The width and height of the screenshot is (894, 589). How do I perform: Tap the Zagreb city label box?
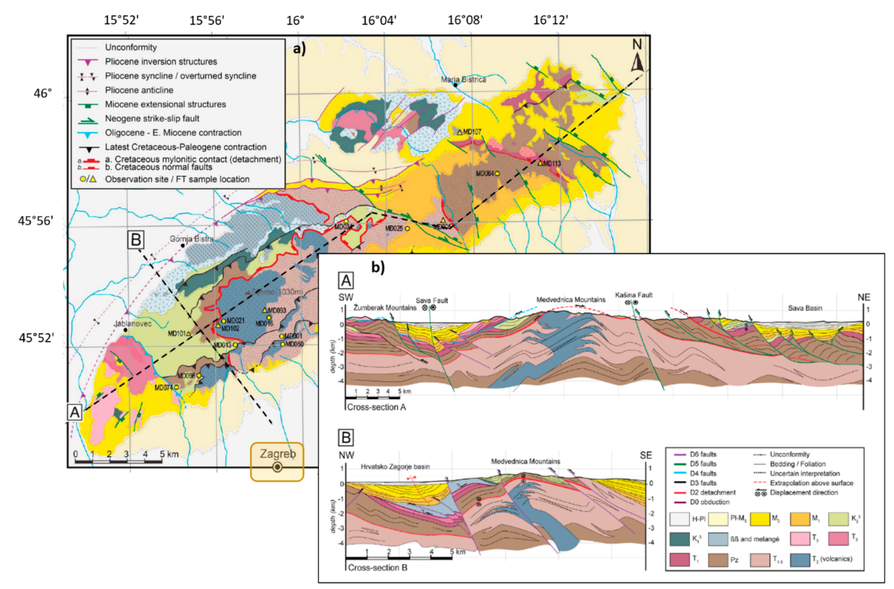pyautogui.click(x=277, y=461)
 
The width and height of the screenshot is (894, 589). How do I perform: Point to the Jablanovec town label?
pyautogui.click(x=132, y=324)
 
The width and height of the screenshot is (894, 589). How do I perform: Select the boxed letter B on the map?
pyautogui.click(x=136, y=240)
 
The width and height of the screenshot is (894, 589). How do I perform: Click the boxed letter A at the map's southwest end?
pyautogui.click(x=74, y=412)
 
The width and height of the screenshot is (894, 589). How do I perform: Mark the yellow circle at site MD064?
pyautogui.click(x=497, y=174)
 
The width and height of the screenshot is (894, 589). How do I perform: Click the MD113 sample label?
pyautogui.click(x=552, y=163)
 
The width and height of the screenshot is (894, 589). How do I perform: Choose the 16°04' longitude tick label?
pyautogui.click(x=379, y=20)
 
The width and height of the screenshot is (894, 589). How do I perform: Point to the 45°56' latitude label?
pyautogui.click(x=36, y=221)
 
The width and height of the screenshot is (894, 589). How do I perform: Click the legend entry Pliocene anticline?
pyautogui.click(x=139, y=90)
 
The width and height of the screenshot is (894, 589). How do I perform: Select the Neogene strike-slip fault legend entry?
pyautogui.click(x=152, y=118)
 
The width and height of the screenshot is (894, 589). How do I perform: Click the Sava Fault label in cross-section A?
pyautogui.click(x=432, y=300)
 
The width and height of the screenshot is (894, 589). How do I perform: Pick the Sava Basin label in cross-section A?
pyautogui.click(x=805, y=308)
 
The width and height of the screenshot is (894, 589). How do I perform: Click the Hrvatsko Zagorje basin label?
pyautogui.click(x=395, y=466)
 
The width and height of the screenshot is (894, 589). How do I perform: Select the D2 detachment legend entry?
pyautogui.click(x=713, y=493)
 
